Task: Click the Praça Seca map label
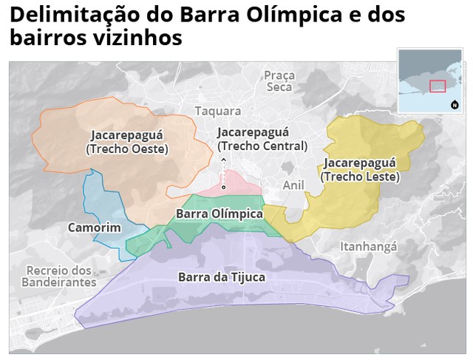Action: (279, 81)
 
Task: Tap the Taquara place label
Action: (217, 111)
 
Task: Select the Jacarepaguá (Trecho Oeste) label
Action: (127, 142)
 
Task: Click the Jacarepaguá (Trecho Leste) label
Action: (360, 169)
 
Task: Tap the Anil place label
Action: (293, 185)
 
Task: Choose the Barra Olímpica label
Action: (220, 214)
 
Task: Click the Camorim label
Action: (94, 227)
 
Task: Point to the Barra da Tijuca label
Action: (221, 277)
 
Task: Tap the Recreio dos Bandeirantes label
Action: (58, 276)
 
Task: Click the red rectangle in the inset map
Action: (438, 86)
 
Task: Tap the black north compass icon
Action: (454, 104)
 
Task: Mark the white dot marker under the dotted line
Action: (223, 187)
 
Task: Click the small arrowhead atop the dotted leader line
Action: (223, 158)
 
